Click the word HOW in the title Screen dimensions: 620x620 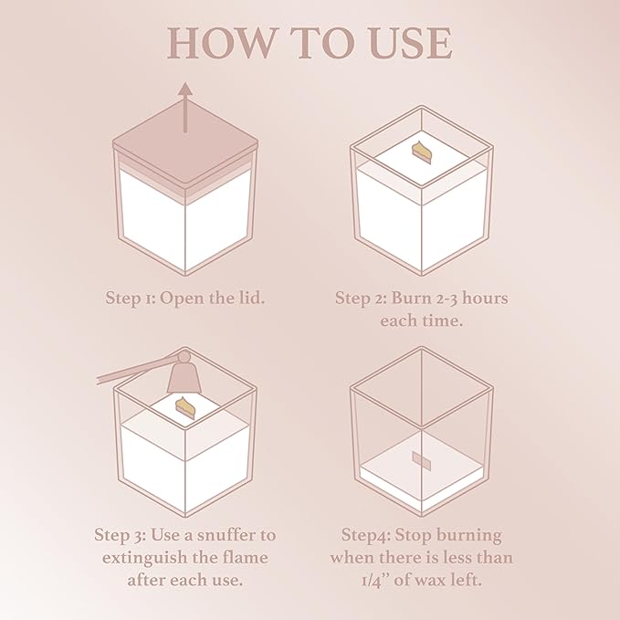click(x=220, y=43)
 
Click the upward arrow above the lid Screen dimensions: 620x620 click(x=185, y=107)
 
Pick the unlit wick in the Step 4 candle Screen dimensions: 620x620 click(x=421, y=461)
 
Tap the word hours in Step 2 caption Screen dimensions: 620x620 click(x=485, y=299)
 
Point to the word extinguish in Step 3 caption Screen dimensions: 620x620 click(x=145, y=558)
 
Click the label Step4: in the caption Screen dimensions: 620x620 click(x=366, y=536)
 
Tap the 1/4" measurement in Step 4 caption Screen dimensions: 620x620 click(x=375, y=581)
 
